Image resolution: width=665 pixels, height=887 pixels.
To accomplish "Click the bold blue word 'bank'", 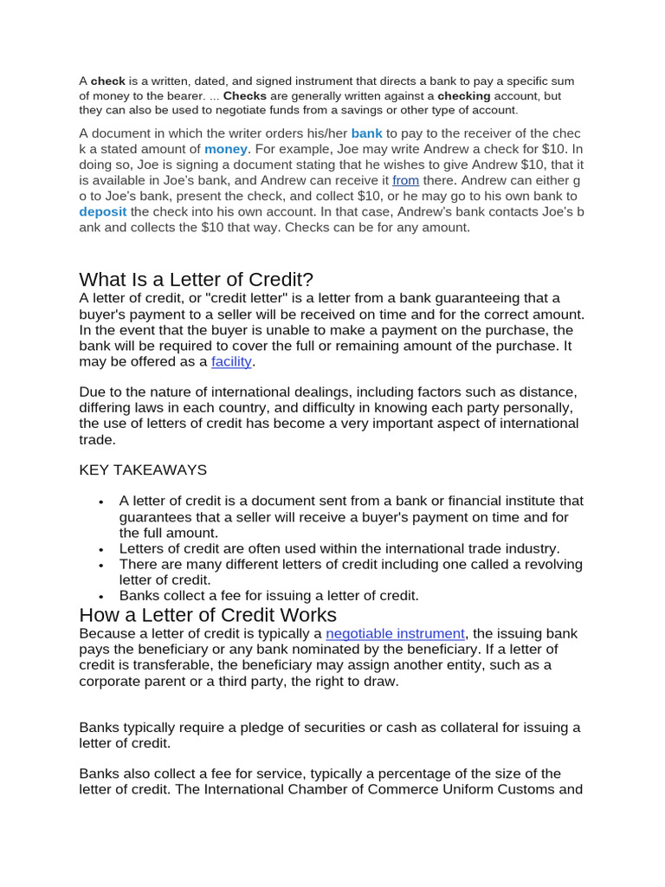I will point(366,133).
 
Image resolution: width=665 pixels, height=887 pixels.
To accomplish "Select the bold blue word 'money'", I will point(225,149).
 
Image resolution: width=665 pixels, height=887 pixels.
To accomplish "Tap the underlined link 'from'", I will point(405,180).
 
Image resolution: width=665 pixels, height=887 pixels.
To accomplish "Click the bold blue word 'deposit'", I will point(102,211).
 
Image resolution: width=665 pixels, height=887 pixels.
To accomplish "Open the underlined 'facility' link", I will point(231,361).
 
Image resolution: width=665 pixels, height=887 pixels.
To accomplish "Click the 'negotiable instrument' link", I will point(395,633).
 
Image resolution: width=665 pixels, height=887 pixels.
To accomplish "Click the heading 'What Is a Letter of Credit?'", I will point(196,279).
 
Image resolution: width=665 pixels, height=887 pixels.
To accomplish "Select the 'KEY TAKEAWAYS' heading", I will point(143,469).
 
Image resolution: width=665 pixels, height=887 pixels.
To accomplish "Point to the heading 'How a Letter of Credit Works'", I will point(208,615).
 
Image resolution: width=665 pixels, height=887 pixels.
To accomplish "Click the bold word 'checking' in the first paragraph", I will point(463,95).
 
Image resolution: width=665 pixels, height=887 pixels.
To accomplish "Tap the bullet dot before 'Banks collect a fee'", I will point(101,597).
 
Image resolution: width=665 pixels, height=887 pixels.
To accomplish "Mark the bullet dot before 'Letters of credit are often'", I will point(101,549).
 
